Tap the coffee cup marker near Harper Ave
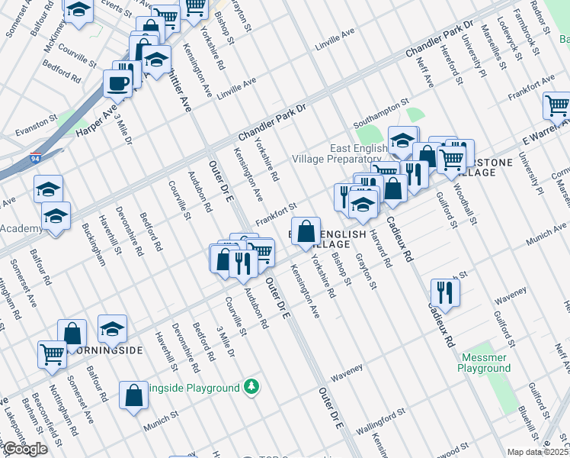(117, 83)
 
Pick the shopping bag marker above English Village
(306, 231)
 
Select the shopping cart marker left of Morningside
(52, 353)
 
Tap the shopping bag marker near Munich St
(133, 395)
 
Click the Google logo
(25, 449)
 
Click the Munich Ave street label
(548, 242)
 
